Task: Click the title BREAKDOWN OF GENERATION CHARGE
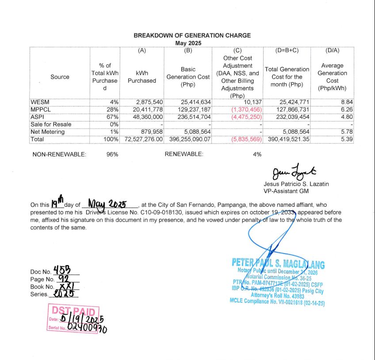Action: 192,35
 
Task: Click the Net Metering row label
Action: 47,132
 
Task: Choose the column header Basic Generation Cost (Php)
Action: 188,77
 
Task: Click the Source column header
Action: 60,77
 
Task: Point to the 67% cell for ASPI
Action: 114,117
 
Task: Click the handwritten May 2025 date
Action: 108,204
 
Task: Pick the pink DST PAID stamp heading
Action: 73,311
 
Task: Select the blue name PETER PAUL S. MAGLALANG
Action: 278,264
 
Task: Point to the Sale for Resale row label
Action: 50,124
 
